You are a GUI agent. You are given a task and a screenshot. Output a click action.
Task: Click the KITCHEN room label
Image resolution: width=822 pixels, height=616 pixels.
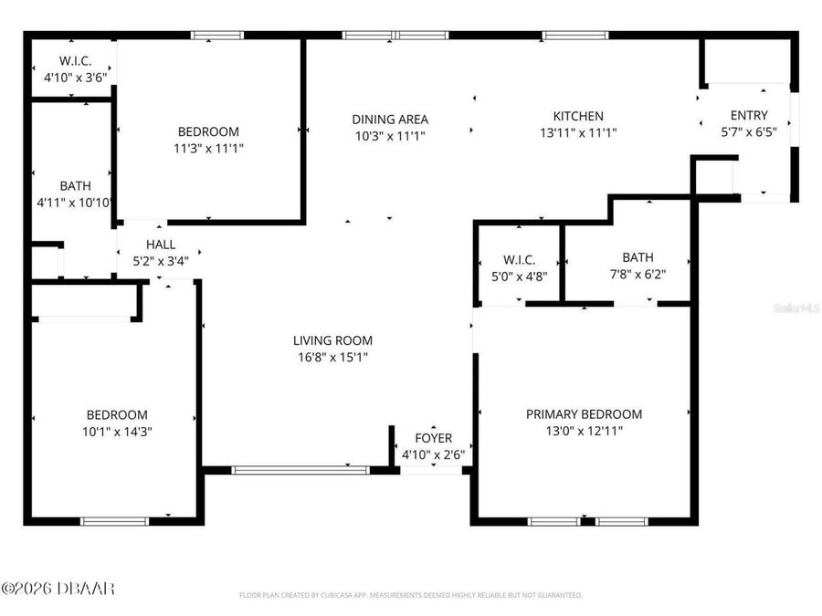tap(578, 116)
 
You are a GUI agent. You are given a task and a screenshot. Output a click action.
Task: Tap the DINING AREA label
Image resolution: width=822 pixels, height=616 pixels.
tap(390, 119)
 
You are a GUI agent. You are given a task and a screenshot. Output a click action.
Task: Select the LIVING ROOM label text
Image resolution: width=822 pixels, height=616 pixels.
tap(332, 340)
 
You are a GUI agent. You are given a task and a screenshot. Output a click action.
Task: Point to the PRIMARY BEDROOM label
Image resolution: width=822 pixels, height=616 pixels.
tap(584, 413)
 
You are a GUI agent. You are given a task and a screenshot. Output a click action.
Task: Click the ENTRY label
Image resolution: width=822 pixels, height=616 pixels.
tap(749, 115)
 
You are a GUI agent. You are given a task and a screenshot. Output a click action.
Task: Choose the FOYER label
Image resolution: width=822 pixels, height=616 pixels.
tap(433, 438)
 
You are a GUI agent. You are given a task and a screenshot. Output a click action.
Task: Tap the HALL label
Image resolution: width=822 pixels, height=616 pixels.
tap(161, 245)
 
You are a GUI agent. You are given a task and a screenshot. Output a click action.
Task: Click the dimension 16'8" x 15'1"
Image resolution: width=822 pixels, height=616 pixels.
tap(332, 357)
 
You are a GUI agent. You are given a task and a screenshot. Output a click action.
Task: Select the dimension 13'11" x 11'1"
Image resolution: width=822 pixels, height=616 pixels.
tap(578, 132)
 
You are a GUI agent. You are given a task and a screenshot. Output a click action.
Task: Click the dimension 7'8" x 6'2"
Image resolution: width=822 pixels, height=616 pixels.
tap(638, 274)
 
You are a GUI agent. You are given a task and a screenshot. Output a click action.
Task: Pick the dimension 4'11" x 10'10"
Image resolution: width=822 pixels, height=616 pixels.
tap(75, 203)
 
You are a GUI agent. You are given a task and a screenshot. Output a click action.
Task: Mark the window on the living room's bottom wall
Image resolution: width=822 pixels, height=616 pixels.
tap(300, 470)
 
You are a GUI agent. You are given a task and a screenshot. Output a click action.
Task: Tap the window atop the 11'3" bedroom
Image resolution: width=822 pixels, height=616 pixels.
tap(216, 36)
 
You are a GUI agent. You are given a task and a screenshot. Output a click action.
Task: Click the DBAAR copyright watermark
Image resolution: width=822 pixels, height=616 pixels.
tap(58, 589)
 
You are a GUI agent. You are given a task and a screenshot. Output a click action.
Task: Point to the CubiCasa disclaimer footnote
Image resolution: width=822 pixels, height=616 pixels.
tap(410, 595)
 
